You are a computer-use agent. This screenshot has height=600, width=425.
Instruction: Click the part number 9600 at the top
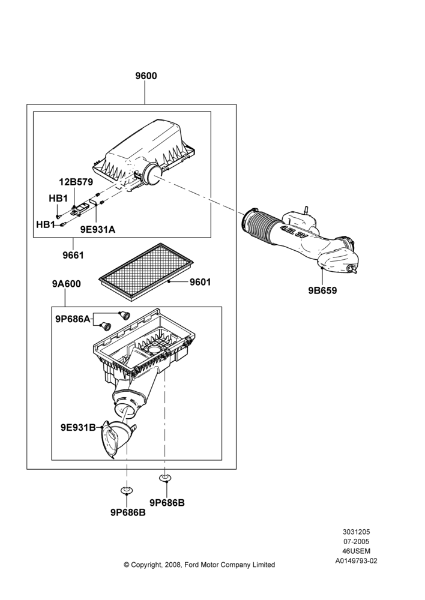(146, 76)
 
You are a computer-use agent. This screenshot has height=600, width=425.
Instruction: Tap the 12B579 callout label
(76, 182)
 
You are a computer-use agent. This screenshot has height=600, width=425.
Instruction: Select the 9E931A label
(98, 229)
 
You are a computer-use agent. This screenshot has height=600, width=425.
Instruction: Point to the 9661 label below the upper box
(73, 255)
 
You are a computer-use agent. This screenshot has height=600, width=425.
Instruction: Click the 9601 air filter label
(200, 282)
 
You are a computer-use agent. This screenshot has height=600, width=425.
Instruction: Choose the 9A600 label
(66, 284)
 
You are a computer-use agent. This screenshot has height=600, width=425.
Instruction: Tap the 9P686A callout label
(73, 319)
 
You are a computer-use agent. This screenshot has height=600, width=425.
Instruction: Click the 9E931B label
(78, 427)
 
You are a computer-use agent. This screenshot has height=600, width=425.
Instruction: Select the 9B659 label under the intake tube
(322, 291)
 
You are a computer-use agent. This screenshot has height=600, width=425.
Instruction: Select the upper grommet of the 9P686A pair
(125, 316)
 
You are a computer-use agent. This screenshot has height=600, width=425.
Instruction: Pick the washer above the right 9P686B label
(165, 478)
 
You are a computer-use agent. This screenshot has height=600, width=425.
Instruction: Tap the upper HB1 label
(58, 199)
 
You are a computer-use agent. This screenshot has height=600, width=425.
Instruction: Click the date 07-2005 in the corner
(356, 541)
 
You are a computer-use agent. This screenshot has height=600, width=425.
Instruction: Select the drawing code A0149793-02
(356, 561)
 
